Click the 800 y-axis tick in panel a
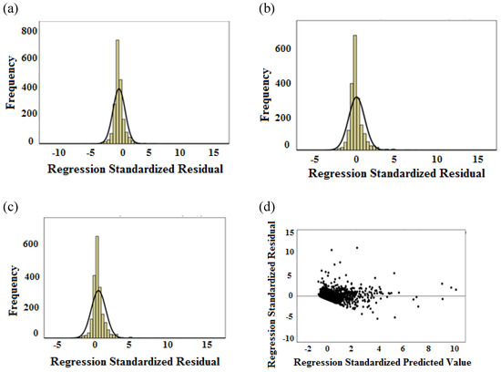click(x=29, y=31)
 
